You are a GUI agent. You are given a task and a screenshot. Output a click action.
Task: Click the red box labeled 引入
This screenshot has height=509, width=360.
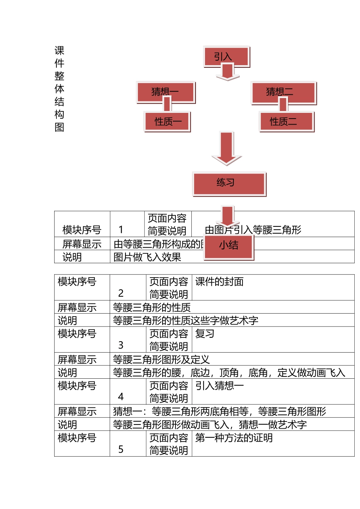[226, 56]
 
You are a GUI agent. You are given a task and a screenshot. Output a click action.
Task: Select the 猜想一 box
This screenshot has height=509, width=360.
[166, 92]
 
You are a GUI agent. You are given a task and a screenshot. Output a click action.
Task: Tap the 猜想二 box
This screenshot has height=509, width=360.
[283, 92]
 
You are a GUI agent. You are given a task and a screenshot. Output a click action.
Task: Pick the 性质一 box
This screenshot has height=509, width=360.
[167, 121]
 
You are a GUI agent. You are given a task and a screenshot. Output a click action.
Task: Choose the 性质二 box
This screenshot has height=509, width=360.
[287, 121]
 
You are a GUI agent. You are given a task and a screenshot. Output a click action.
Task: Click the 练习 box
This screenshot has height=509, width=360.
[229, 184]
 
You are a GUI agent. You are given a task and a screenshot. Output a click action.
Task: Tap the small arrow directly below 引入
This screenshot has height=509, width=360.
[227, 72]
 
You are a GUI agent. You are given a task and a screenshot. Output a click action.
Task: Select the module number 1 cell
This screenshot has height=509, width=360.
[121, 230]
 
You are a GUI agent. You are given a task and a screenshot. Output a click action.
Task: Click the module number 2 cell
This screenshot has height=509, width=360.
[121, 293]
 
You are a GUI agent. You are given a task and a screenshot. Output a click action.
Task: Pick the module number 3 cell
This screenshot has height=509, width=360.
[121, 345]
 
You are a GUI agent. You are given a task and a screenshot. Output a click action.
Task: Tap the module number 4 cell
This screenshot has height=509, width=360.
[121, 397]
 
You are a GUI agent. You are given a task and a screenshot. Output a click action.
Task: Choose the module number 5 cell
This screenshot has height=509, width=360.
[121, 449]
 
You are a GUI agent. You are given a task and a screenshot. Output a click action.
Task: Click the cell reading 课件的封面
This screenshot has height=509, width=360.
[219, 282]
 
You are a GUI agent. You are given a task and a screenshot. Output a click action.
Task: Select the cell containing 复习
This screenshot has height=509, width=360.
[205, 334]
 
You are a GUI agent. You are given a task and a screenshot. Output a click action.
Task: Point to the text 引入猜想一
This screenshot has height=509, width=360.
[219, 386]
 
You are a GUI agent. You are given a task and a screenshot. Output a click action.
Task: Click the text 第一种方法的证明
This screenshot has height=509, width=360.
[234, 438]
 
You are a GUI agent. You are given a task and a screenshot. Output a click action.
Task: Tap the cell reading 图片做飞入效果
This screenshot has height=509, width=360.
[147, 257]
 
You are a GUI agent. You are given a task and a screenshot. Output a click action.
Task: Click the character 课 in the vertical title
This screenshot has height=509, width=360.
[59, 50]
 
